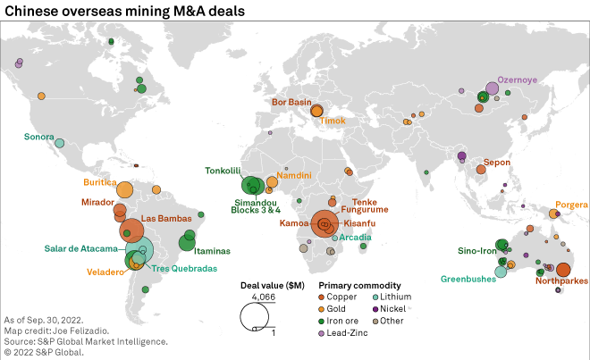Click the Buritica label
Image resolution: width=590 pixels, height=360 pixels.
coord(100,182)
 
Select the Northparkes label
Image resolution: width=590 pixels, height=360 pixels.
coord(561,281)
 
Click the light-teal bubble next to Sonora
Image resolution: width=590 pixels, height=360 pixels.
coord(60,142)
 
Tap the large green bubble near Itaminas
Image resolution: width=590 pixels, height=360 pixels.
coord(188,240)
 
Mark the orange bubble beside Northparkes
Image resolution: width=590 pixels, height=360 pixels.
coord(563,270)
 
